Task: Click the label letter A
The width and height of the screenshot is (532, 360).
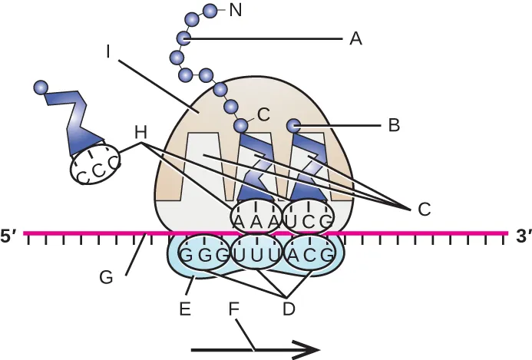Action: point(355,38)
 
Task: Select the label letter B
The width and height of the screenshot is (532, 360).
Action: point(394,125)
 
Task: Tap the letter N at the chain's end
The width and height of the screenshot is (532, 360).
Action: point(236,11)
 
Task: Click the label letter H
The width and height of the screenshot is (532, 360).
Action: point(140,132)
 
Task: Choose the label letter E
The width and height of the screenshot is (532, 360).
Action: point(184,310)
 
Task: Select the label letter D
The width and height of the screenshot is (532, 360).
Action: point(289,309)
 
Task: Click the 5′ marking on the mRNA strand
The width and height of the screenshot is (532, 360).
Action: point(9,238)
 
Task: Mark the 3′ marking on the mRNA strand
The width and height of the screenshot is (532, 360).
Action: point(522,238)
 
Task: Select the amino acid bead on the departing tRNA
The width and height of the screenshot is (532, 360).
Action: point(41,88)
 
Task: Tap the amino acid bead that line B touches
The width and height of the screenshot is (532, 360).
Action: point(293,124)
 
